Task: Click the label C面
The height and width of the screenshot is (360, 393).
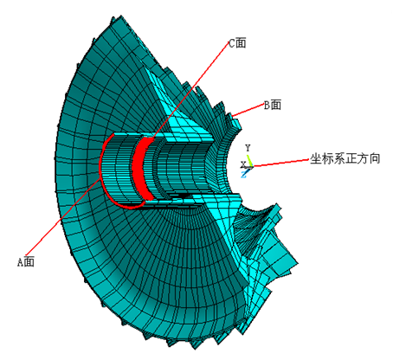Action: coord(237,43)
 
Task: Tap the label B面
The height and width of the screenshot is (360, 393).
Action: coord(273,105)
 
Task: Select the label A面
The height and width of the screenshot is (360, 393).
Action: coord(26,262)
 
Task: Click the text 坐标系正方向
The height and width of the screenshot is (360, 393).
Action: coord(345,158)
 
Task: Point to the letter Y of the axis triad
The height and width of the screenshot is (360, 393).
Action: coord(248,148)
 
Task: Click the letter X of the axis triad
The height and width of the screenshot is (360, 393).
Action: coord(243,164)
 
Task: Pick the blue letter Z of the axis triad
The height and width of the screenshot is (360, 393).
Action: coord(244,174)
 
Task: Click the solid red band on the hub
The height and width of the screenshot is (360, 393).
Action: coord(141,169)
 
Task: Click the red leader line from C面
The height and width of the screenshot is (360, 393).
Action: coord(190,91)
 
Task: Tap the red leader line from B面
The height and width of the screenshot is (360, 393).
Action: coord(248,110)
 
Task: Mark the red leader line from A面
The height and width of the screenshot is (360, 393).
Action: coord(63,217)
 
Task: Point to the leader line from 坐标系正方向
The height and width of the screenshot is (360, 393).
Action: coord(281,163)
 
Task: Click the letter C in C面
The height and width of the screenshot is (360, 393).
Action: coord(232,43)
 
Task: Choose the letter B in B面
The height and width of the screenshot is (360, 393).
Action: coord(267,105)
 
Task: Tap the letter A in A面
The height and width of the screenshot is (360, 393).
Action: coord(20,262)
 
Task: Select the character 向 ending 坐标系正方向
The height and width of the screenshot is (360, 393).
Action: coord(375,158)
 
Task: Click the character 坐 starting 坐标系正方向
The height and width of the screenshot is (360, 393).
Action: coord(316,158)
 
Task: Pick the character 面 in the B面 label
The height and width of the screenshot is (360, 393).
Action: coord(276,105)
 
